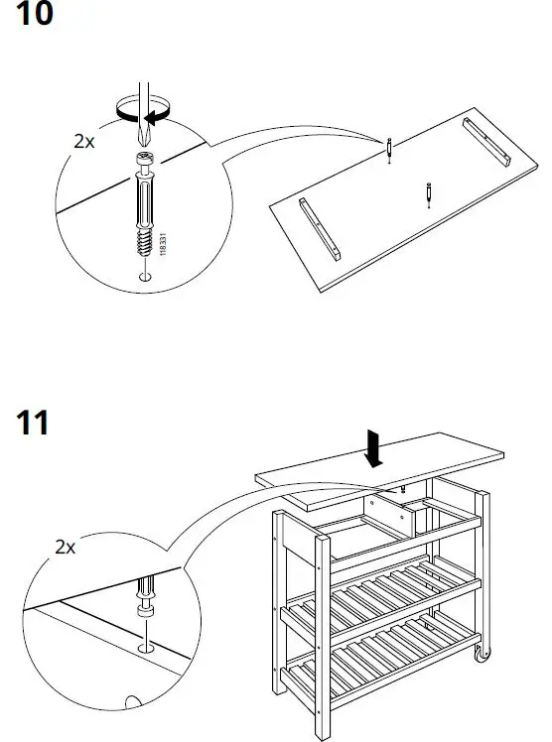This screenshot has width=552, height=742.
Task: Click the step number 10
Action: pos(29,17)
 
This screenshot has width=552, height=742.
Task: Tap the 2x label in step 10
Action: pos(84,141)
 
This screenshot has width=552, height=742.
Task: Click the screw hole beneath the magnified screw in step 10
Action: pos(145,276)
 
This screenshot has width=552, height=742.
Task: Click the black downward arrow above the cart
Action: pos(375,447)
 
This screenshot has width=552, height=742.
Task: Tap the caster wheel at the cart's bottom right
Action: pos(481,656)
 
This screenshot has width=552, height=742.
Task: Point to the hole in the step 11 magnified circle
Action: pos(147,646)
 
